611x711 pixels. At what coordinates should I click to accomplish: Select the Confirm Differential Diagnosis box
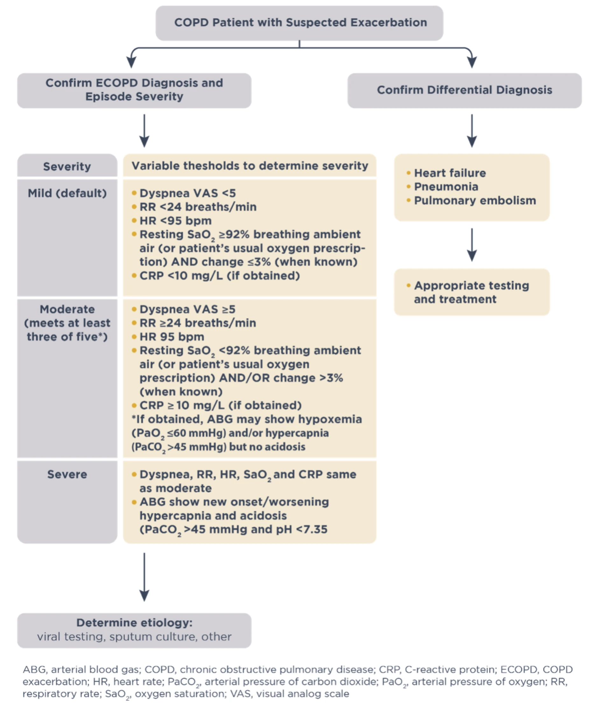pos(464,90)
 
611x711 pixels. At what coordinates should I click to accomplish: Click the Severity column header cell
pos(67,166)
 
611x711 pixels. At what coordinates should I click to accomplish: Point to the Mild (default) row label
pos(67,193)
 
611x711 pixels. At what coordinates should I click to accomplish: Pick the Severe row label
pos(67,474)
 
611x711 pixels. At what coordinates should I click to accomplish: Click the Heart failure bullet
pos(449,173)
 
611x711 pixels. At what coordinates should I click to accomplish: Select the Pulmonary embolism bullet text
pos(475,201)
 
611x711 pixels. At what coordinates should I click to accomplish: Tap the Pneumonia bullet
pos(446,187)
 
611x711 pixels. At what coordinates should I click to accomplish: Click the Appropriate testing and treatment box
pos(471,292)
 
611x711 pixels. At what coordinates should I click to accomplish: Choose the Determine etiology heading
pos(134,623)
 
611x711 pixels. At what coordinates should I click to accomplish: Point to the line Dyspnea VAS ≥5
pos(187,309)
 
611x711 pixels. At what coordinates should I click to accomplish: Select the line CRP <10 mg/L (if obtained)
pos(220,276)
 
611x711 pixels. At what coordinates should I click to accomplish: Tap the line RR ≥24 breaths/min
pos(198,323)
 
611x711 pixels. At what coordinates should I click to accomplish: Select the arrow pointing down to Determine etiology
pos(144,576)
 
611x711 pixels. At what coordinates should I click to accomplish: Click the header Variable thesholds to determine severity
pos(250,166)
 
